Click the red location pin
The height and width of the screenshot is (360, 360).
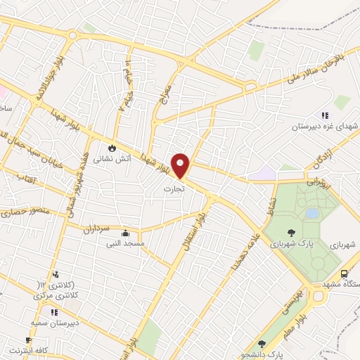181,165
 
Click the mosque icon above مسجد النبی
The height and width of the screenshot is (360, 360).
126,233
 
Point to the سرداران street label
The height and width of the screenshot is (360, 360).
98,229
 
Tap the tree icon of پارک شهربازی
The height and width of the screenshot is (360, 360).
291,233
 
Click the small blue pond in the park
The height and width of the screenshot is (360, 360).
311,213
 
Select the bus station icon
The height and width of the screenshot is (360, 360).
345,274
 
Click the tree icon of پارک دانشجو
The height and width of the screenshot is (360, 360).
261,345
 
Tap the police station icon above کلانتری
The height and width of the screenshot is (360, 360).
56,274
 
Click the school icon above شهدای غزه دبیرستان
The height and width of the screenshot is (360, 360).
324,115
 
